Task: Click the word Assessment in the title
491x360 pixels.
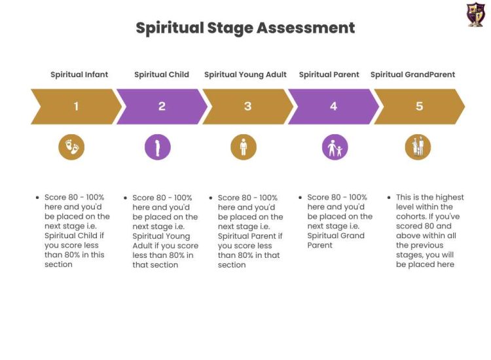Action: click(306, 27)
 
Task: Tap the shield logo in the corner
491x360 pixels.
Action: click(476, 14)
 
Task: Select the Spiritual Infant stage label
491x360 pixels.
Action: click(79, 75)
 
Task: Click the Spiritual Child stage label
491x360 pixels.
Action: click(162, 75)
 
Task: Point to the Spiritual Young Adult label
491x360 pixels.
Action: click(245, 75)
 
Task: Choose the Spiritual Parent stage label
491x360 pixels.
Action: click(329, 75)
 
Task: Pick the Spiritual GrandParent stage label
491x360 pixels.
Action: click(412, 75)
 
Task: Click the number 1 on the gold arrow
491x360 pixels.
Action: click(76, 107)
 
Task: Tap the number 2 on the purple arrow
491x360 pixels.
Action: click(162, 107)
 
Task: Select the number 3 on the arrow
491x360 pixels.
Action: click(247, 107)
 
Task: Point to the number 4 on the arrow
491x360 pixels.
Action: click(333, 107)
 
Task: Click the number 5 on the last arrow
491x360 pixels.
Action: click(419, 107)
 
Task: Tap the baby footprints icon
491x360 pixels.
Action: click(71, 147)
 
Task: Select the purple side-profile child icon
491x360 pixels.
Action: click(158, 147)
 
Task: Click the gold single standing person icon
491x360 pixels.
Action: click(244, 147)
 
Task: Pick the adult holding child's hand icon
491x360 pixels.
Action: click(335, 147)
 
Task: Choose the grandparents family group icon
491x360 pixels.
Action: click(418, 147)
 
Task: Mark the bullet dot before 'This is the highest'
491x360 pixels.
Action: click(389, 198)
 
